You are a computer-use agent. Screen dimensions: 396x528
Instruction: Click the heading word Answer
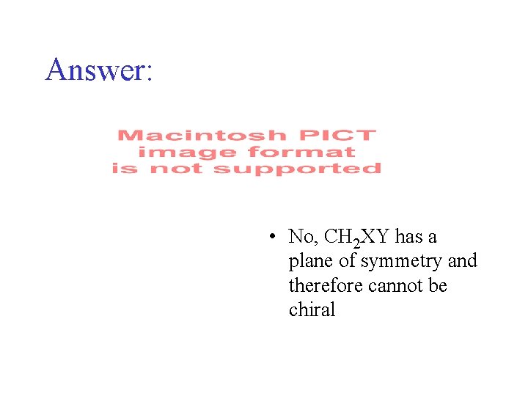[x=95, y=69]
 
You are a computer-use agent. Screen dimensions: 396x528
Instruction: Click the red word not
[x=173, y=169]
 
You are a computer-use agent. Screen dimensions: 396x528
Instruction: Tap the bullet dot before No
[x=271, y=236]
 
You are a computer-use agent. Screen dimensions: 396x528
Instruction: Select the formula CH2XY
[x=357, y=237]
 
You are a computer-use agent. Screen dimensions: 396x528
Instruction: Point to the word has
[x=411, y=237]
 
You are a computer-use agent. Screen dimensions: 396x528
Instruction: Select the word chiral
[x=312, y=309]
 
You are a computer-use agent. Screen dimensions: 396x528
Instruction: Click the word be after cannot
[x=438, y=285]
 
